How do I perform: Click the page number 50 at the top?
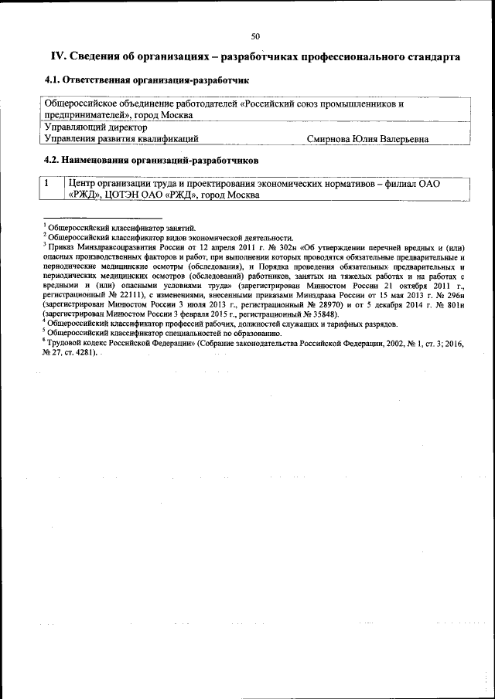pos(255,36)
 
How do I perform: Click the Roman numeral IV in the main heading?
pos(58,57)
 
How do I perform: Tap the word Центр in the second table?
pos(84,184)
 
